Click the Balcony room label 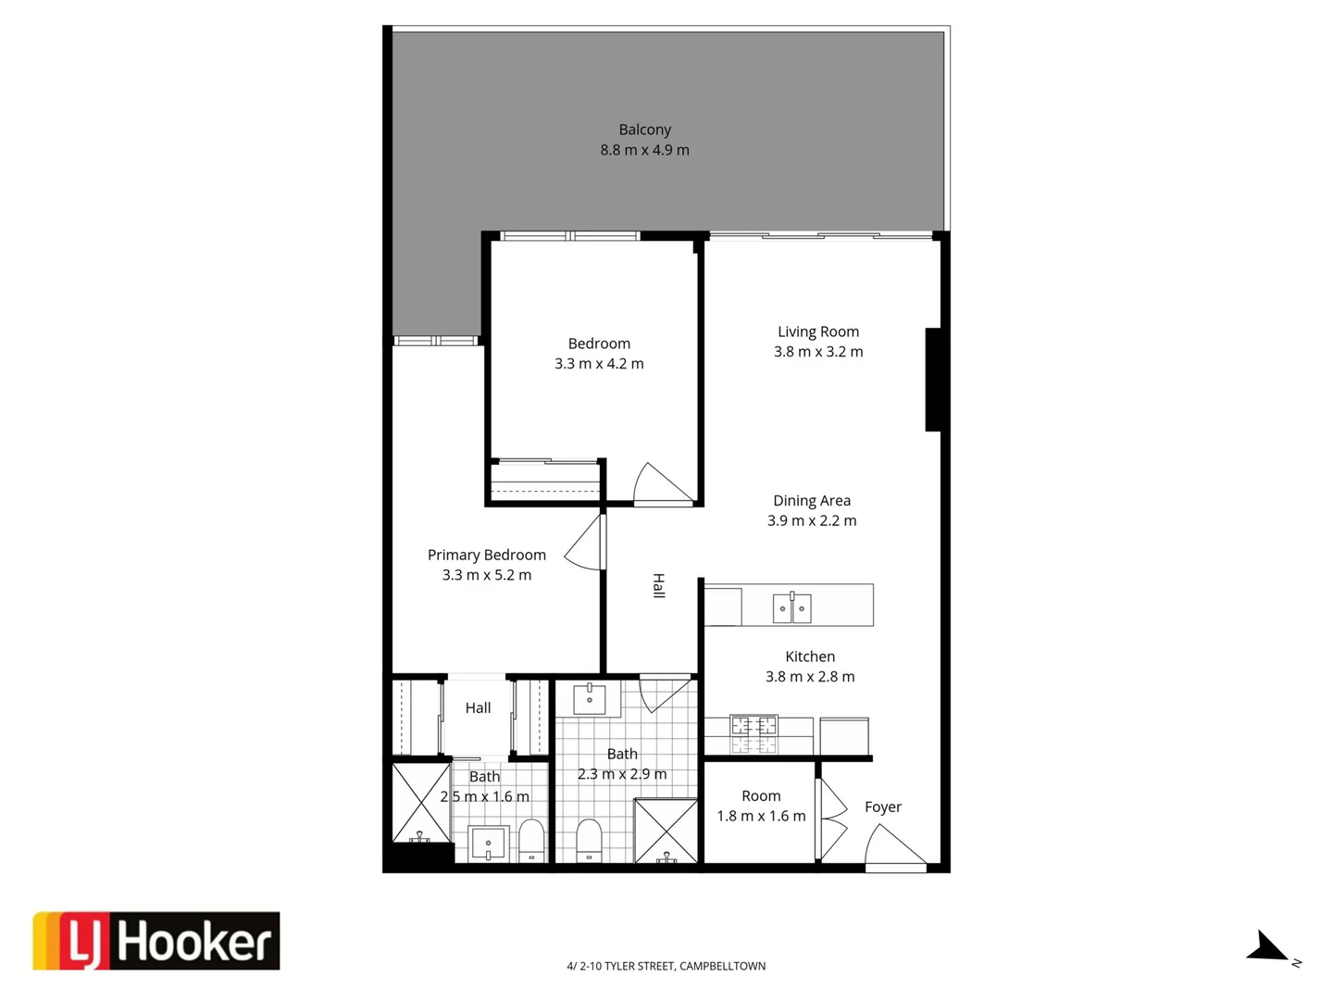click(644, 130)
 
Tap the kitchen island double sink click(791, 607)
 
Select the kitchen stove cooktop click(754, 733)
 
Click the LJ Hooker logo click(156, 941)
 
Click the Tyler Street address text click(666, 966)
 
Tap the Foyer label click(882, 806)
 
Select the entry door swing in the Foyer click(891, 845)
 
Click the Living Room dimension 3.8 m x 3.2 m click(818, 352)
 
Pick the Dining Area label click(811, 500)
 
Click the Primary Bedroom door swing click(587, 544)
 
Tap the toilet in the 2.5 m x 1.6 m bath click(531, 840)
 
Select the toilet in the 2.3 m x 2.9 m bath click(589, 839)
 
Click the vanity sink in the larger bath click(589, 700)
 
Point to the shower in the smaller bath click(420, 803)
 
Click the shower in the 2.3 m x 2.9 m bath click(666, 831)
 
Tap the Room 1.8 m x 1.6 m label click(761, 806)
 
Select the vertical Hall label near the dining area click(658, 585)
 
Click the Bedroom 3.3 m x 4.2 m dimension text click(599, 364)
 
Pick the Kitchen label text click(809, 656)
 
